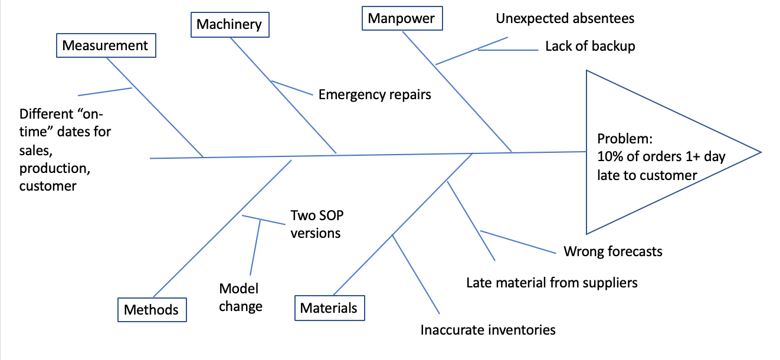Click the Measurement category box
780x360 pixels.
click(x=106, y=45)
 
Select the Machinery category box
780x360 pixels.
click(x=229, y=24)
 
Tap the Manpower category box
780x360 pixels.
click(x=401, y=18)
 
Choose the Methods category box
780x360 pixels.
click(x=151, y=310)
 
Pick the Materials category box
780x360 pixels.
click(x=329, y=307)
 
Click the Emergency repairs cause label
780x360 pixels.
click(x=375, y=94)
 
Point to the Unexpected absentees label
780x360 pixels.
click(x=565, y=18)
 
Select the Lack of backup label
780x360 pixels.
click(x=590, y=47)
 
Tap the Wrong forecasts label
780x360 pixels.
click(x=613, y=251)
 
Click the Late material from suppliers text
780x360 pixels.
click(x=552, y=283)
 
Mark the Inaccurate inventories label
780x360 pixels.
click(x=488, y=329)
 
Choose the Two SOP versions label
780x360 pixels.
click(x=316, y=224)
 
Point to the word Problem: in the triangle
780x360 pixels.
click(x=624, y=139)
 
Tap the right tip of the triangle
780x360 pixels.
click(x=760, y=152)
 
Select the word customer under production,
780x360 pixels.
click(x=48, y=186)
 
